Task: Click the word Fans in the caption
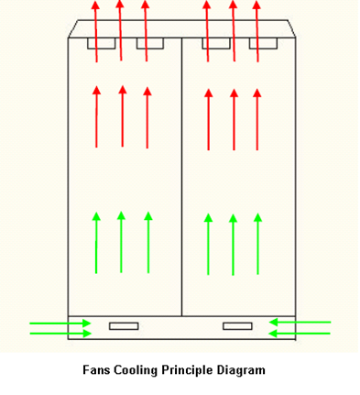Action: (97, 370)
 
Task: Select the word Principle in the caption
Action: (190, 370)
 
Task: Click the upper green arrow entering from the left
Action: (60, 323)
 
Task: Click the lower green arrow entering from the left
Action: (60, 333)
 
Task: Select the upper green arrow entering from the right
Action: (300, 322)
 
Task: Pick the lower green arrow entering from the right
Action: (300, 333)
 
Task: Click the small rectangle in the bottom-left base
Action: (123, 325)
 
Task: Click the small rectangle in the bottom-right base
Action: (237, 325)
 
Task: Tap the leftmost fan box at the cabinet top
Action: (101, 43)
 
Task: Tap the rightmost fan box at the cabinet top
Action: (263, 43)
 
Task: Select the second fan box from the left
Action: (149, 43)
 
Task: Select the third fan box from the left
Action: (216, 43)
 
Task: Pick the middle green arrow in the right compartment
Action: (233, 243)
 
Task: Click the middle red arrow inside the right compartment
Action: (234, 119)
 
